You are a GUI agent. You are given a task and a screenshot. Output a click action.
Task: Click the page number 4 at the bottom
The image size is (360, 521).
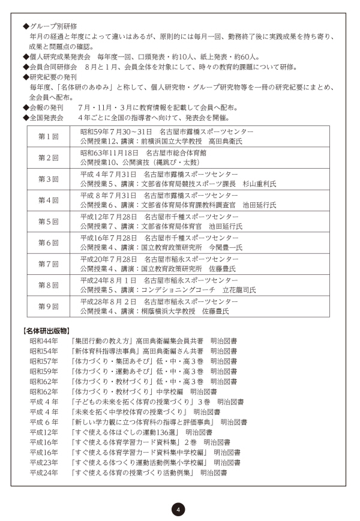pyautogui.click(x=178, y=509)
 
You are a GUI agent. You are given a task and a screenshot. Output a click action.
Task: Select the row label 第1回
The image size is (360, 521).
pyautogui.click(x=49, y=136)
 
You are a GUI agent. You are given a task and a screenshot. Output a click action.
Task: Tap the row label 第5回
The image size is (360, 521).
pyautogui.click(x=49, y=221)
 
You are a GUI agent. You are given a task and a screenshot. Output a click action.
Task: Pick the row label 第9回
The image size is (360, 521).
pyautogui.click(x=49, y=306)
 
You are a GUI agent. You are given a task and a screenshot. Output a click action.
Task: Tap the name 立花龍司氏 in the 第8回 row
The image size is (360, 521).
pyautogui.click(x=241, y=289)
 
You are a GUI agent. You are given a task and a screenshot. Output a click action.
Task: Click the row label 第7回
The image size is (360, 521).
pyautogui.click(x=49, y=264)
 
